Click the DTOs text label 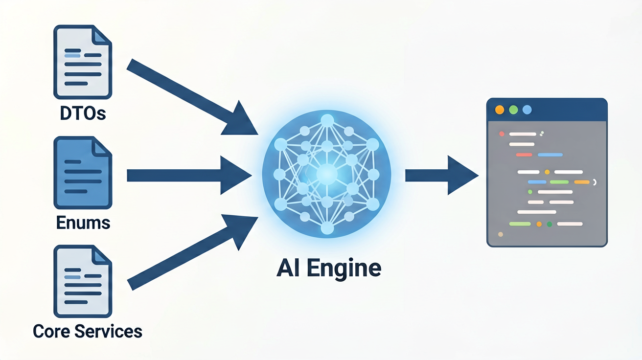(83, 113)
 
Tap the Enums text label (83, 223)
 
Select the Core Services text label (88, 331)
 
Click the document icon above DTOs (83, 62)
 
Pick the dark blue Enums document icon (83, 173)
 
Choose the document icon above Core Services (83, 281)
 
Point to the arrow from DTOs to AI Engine (192, 97)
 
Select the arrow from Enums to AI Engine (189, 175)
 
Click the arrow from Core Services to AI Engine (192, 252)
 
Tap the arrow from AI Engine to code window (442, 175)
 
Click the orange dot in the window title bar (500, 110)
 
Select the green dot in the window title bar (513, 110)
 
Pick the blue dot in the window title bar (527, 110)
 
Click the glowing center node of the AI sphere (327, 174)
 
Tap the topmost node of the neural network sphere (327, 121)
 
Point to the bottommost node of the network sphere (327, 228)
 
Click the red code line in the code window (524, 155)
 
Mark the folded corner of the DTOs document (101, 36)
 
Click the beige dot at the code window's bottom (501, 234)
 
